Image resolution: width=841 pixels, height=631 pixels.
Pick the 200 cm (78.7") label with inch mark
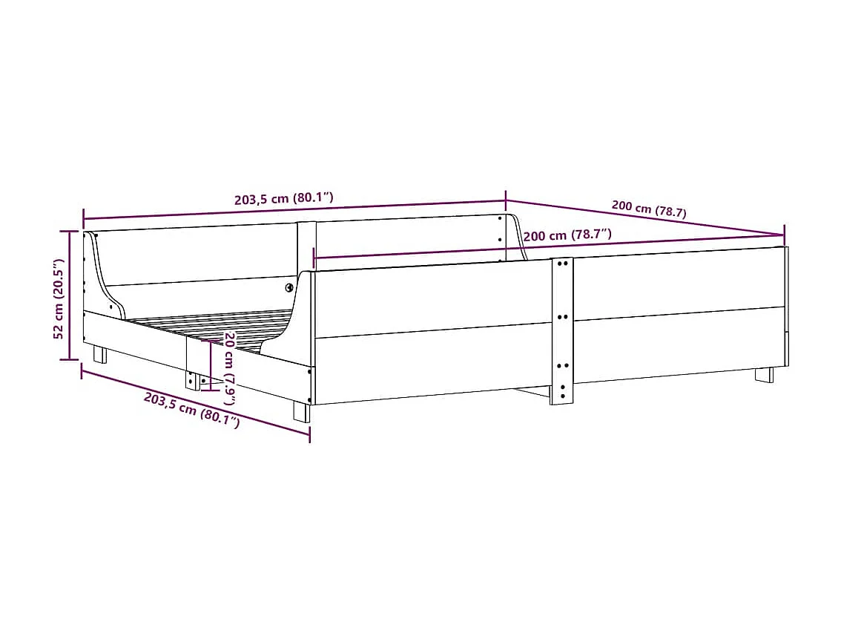click(567, 235)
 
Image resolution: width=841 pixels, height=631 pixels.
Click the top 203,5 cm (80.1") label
click(283, 198)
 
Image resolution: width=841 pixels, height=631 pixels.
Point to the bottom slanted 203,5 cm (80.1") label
click(192, 411)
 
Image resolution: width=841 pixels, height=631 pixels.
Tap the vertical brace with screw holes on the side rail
click(561, 330)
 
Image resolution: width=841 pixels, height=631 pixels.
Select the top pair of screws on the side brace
click(562, 263)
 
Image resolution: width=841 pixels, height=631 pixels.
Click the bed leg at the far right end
click(764, 375)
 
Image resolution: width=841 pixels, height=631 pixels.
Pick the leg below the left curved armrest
click(99, 354)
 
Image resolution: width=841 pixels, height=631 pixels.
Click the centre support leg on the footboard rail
click(193, 379)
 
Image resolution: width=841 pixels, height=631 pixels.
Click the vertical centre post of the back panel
click(306, 245)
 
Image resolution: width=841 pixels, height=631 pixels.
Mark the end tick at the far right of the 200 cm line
click(785, 235)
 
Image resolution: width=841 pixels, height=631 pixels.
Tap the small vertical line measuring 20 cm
click(211, 365)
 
